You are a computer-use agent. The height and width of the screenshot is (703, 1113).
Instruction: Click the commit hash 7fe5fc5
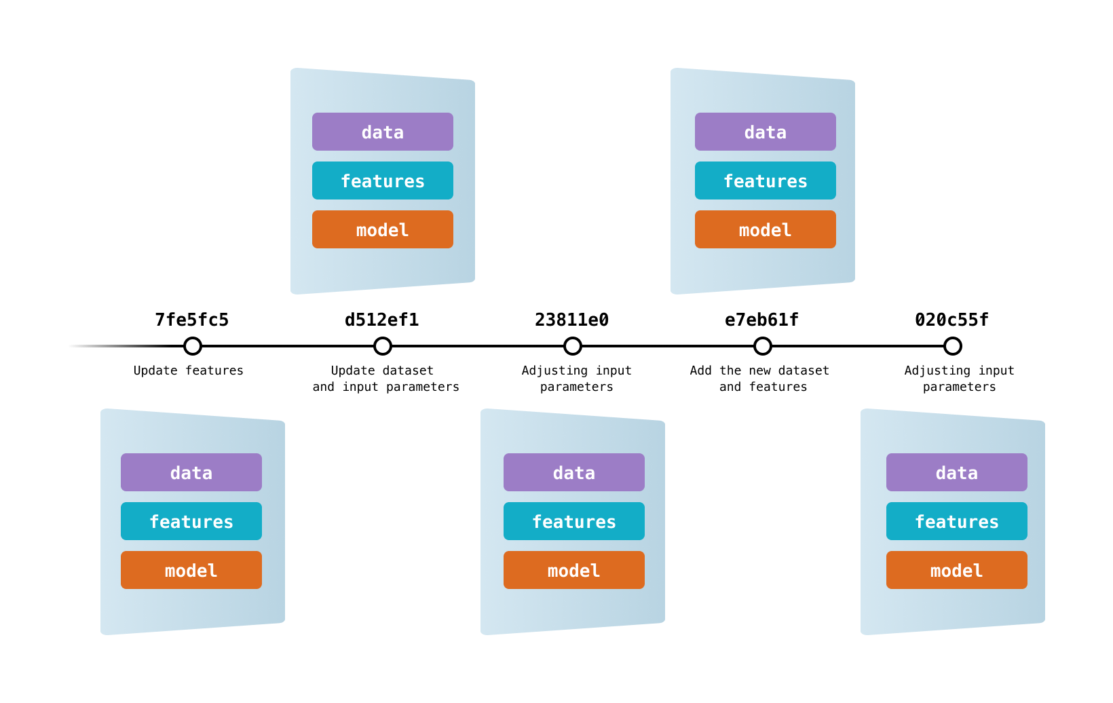tap(191, 320)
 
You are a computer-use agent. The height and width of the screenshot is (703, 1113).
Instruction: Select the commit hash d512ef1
tap(381, 320)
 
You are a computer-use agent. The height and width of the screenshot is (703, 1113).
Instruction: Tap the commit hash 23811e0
tap(571, 320)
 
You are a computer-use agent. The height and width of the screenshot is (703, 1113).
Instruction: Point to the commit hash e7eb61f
tap(761, 320)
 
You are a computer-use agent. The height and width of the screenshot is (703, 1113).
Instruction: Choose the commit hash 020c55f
tap(951, 320)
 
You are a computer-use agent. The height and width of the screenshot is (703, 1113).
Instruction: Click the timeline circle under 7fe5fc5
tap(193, 346)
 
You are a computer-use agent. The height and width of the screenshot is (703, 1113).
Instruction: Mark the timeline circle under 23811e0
tap(573, 346)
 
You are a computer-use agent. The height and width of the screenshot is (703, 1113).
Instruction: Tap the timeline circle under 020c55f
tap(953, 346)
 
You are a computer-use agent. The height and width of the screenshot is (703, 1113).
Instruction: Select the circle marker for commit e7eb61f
tap(763, 346)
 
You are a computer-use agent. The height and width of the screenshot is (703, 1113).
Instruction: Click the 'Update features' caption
tap(188, 370)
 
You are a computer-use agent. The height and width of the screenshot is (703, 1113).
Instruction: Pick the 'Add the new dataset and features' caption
tap(760, 379)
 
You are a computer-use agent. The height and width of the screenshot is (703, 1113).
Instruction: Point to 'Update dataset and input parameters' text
tap(385, 379)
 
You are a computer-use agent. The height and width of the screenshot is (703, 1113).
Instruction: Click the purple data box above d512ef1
tap(383, 132)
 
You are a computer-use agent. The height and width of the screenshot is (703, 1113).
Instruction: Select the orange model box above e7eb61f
tap(766, 229)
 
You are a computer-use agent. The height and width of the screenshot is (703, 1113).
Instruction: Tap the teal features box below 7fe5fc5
tap(191, 521)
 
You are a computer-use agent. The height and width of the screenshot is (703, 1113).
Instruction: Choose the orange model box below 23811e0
tap(574, 570)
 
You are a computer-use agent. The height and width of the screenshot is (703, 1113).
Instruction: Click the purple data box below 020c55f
tap(957, 472)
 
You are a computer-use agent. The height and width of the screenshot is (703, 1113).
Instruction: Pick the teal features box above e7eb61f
tap(766, 180)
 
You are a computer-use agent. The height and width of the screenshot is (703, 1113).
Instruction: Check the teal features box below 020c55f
tap(957, 521)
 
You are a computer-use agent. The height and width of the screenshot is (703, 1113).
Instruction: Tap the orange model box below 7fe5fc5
tap(191, 570)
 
